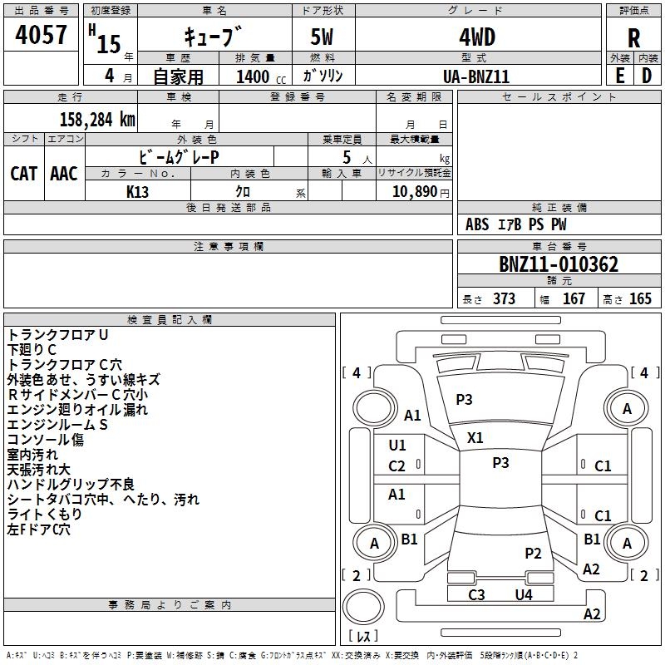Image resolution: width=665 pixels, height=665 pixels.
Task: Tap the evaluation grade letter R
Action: click(633, 37)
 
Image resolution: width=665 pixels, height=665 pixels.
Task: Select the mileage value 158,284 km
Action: click(97, 119)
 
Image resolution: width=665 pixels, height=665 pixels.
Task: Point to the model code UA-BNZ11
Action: click(476, 76)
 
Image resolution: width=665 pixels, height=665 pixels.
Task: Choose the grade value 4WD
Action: click(476, 37)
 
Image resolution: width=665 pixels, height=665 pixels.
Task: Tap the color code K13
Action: click(139, 191)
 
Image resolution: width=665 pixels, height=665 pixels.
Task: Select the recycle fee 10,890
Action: click(413, 191)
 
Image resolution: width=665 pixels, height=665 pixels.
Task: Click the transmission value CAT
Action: click(24, 173)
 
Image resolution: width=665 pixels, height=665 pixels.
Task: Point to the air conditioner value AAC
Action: click(64, 173)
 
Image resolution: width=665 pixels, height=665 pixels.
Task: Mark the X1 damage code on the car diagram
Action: click(475, 437)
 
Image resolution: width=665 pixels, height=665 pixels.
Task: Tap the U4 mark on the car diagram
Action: click(523, 594)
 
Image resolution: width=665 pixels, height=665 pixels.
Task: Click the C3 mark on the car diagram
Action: click(476, 594)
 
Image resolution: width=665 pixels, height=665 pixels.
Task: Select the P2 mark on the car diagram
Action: click(533, 553)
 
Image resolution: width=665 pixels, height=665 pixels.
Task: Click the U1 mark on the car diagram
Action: click(397, 446)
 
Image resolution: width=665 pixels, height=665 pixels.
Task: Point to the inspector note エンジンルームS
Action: click(58, 425)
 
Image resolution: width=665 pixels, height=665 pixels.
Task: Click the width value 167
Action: click(574, 299)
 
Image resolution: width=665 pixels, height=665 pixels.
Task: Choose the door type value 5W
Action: click(323, 37)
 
